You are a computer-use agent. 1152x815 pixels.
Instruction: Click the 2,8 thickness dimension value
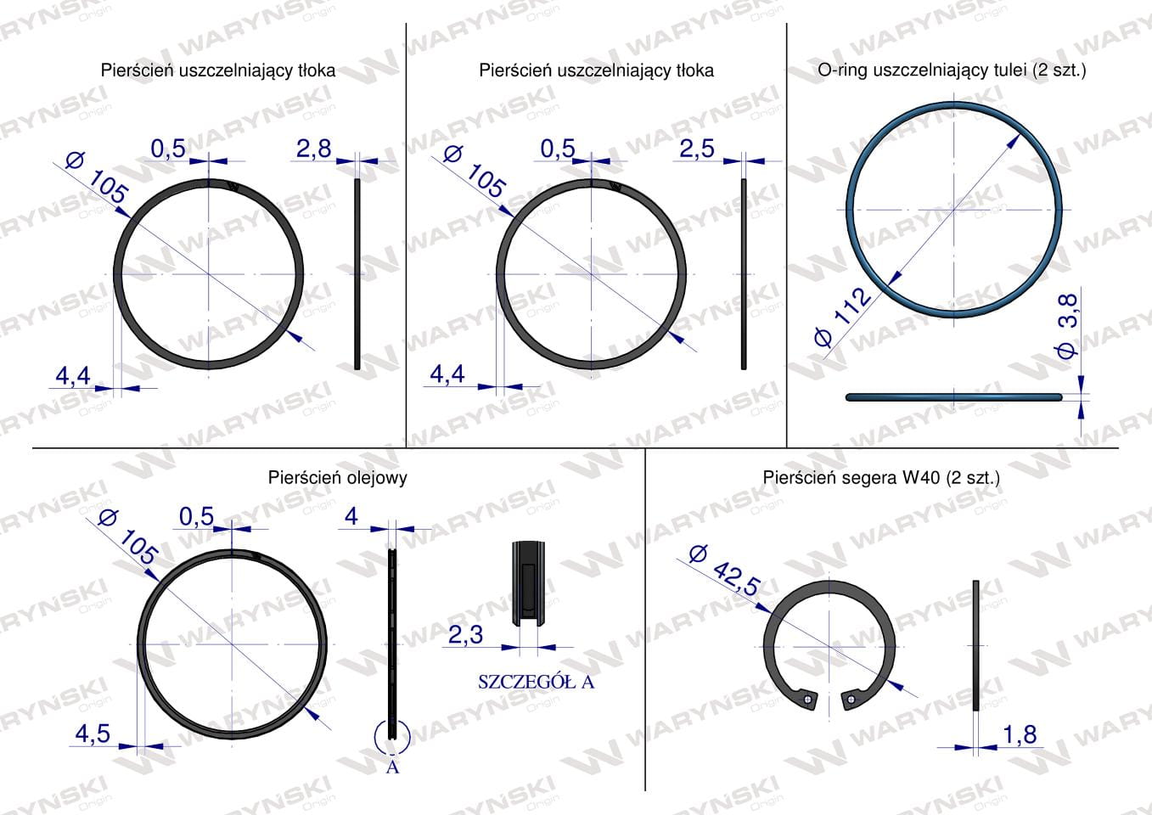pyautogui.click(x=314, y=149)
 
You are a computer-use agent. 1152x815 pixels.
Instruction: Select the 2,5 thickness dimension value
pyautogui.click(x=697, y=149)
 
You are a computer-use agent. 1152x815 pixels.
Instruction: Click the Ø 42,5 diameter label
pyautogui.click(x=724, y=570)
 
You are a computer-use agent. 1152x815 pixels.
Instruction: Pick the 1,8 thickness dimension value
pyautogui.click(x=1020, y=735)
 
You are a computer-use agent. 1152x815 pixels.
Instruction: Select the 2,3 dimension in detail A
pyautogui.click(x=465, y=636)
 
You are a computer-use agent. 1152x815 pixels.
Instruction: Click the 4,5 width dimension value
pyautogui.click(x=93, y=733)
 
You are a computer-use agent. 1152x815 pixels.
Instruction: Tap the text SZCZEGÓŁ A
pyautogui.click(x=536, y=683)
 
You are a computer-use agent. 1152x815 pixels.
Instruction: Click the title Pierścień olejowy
pyautogui.click(x=337, y=478)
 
